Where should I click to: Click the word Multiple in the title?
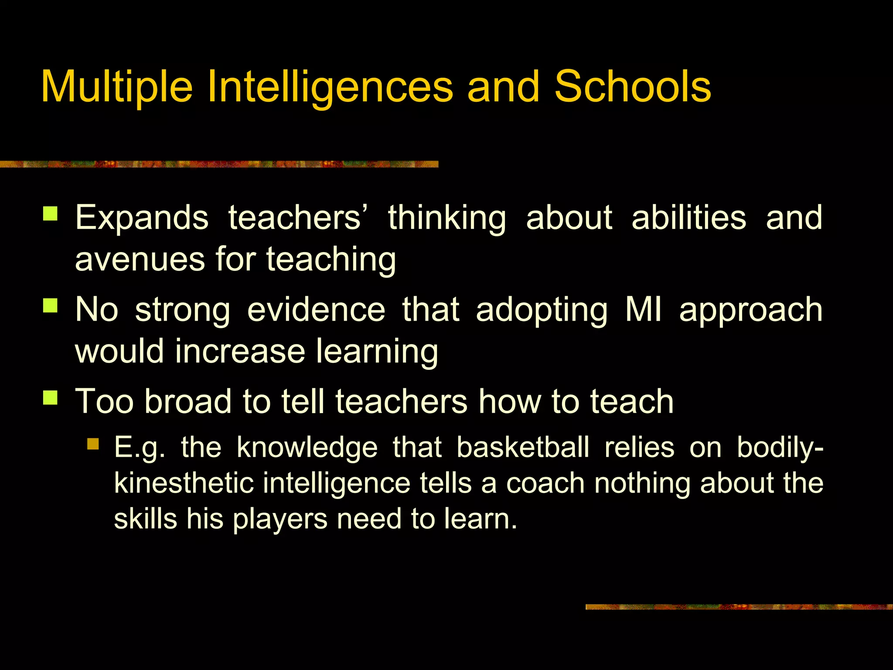116,87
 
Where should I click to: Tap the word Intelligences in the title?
330,87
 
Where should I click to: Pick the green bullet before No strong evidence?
51,305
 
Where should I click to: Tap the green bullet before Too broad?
51,397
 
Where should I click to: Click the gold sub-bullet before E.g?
93,444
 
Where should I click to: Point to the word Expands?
142,218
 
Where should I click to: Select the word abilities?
688,218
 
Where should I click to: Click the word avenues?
140,260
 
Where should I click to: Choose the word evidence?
316,310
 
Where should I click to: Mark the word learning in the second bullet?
377,352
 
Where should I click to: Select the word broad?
188,401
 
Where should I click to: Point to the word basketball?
523,448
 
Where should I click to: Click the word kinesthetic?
184,483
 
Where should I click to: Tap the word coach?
545,483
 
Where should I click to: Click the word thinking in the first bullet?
447,218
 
